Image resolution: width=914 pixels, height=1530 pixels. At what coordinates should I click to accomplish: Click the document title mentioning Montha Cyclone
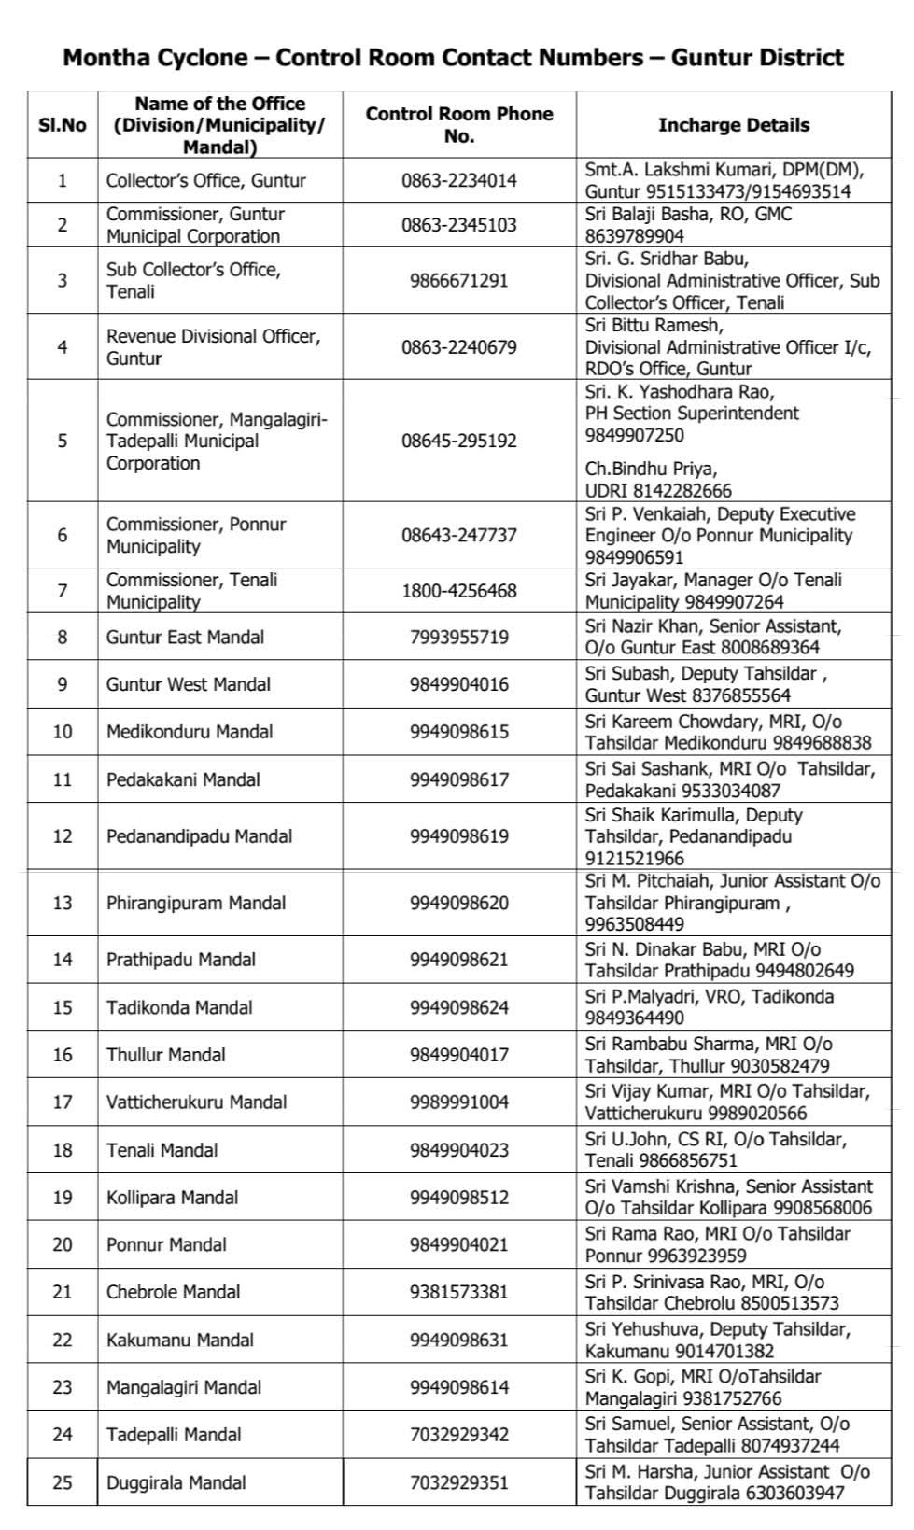tap(453, 58)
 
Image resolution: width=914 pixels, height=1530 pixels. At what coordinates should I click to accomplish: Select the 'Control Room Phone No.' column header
tap(458, 125)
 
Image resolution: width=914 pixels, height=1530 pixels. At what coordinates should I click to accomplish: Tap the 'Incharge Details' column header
tap(733, 125)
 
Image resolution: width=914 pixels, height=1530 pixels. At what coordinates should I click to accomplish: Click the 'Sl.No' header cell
tap(63, 125)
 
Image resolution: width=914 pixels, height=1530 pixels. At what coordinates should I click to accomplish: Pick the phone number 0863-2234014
tap(458, 180)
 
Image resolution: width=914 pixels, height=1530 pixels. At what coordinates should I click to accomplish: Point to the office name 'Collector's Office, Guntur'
tap(205, 180)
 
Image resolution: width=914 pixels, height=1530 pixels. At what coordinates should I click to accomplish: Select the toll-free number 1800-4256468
tap(458, 591)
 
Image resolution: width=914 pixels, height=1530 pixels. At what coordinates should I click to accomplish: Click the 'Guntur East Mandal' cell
tap(185, 638)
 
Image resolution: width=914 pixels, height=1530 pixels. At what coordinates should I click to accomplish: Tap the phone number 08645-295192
tap(458, 441)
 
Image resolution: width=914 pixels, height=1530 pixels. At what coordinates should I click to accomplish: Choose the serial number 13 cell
tap(63, 903)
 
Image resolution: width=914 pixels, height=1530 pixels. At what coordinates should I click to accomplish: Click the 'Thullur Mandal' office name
tap(165, 1055)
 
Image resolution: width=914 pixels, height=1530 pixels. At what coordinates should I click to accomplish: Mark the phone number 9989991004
tap(458, 1102)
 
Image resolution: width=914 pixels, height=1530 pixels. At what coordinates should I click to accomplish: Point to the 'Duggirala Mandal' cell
tap(176, 1482)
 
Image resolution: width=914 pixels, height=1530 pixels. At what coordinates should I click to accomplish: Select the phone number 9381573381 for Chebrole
tap(458, 1292)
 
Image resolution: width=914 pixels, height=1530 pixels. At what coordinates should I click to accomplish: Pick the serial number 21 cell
tap(63, 1292)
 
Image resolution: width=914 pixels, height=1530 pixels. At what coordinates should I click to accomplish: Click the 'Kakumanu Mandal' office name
tap(179, 1340)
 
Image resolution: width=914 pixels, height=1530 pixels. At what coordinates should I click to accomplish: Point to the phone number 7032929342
tap(458, 1435)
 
